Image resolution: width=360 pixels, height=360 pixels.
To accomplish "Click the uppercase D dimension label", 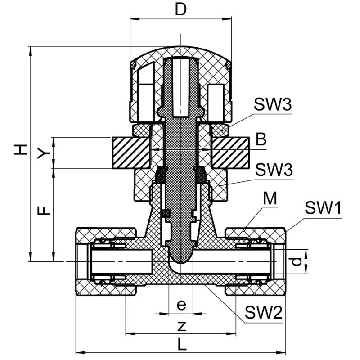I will (x=180, y=10).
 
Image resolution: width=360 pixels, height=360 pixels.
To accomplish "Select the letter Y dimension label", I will (x=43, y=153).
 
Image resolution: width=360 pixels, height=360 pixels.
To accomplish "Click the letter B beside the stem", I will (x=261, y=139).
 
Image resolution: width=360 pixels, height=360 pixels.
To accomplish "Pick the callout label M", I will (x=270, y=198).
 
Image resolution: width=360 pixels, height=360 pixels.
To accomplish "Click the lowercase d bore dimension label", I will (x=295, y=261).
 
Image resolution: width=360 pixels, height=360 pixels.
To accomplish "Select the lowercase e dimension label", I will (x=181, y=305).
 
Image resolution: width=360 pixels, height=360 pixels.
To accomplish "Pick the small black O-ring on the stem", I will (x=165, y=213).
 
